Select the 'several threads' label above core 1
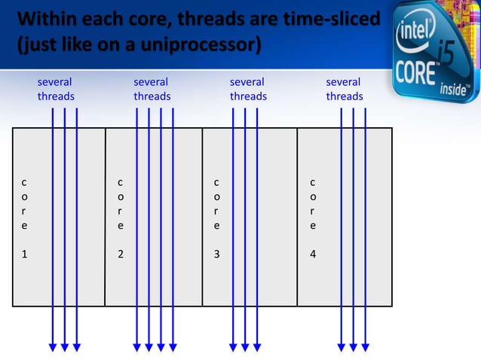coord(56,89)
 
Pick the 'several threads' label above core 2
coord(152,89)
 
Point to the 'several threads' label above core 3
coord(248,89)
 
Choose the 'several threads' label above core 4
coord(345,89)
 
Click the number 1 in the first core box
coord(25,254)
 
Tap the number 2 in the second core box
coord(121,254)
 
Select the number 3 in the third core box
coord(217,254)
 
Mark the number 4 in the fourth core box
coord(313,254)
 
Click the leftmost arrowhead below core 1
coord(53,346)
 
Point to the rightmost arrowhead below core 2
coord(173,346)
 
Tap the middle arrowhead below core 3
coord(245,346)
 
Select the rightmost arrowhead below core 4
coord(365,346)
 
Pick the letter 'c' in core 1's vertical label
coord(25,182)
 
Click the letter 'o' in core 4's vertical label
coord(313,196)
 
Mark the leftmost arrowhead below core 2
coord(136,346)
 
